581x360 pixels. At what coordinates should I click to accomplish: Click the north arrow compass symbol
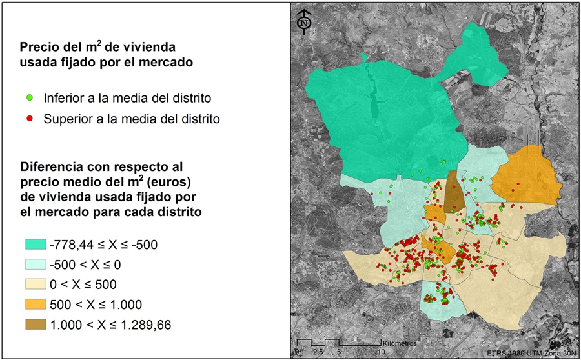click(304, 21)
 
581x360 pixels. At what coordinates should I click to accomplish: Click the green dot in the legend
click(30, 99)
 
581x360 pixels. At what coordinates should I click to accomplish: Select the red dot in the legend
click(30, 119)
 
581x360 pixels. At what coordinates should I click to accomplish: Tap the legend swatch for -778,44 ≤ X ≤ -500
click(35, 245)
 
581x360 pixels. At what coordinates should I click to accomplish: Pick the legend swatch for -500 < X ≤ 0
click(35, 265)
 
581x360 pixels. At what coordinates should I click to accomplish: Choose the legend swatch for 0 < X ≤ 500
click(35, 285)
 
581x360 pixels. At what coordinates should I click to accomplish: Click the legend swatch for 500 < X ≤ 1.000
click(35, 305)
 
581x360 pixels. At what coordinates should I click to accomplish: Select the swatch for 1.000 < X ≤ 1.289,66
click(35, 325)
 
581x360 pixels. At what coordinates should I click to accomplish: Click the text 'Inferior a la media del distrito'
click(128, 99)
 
